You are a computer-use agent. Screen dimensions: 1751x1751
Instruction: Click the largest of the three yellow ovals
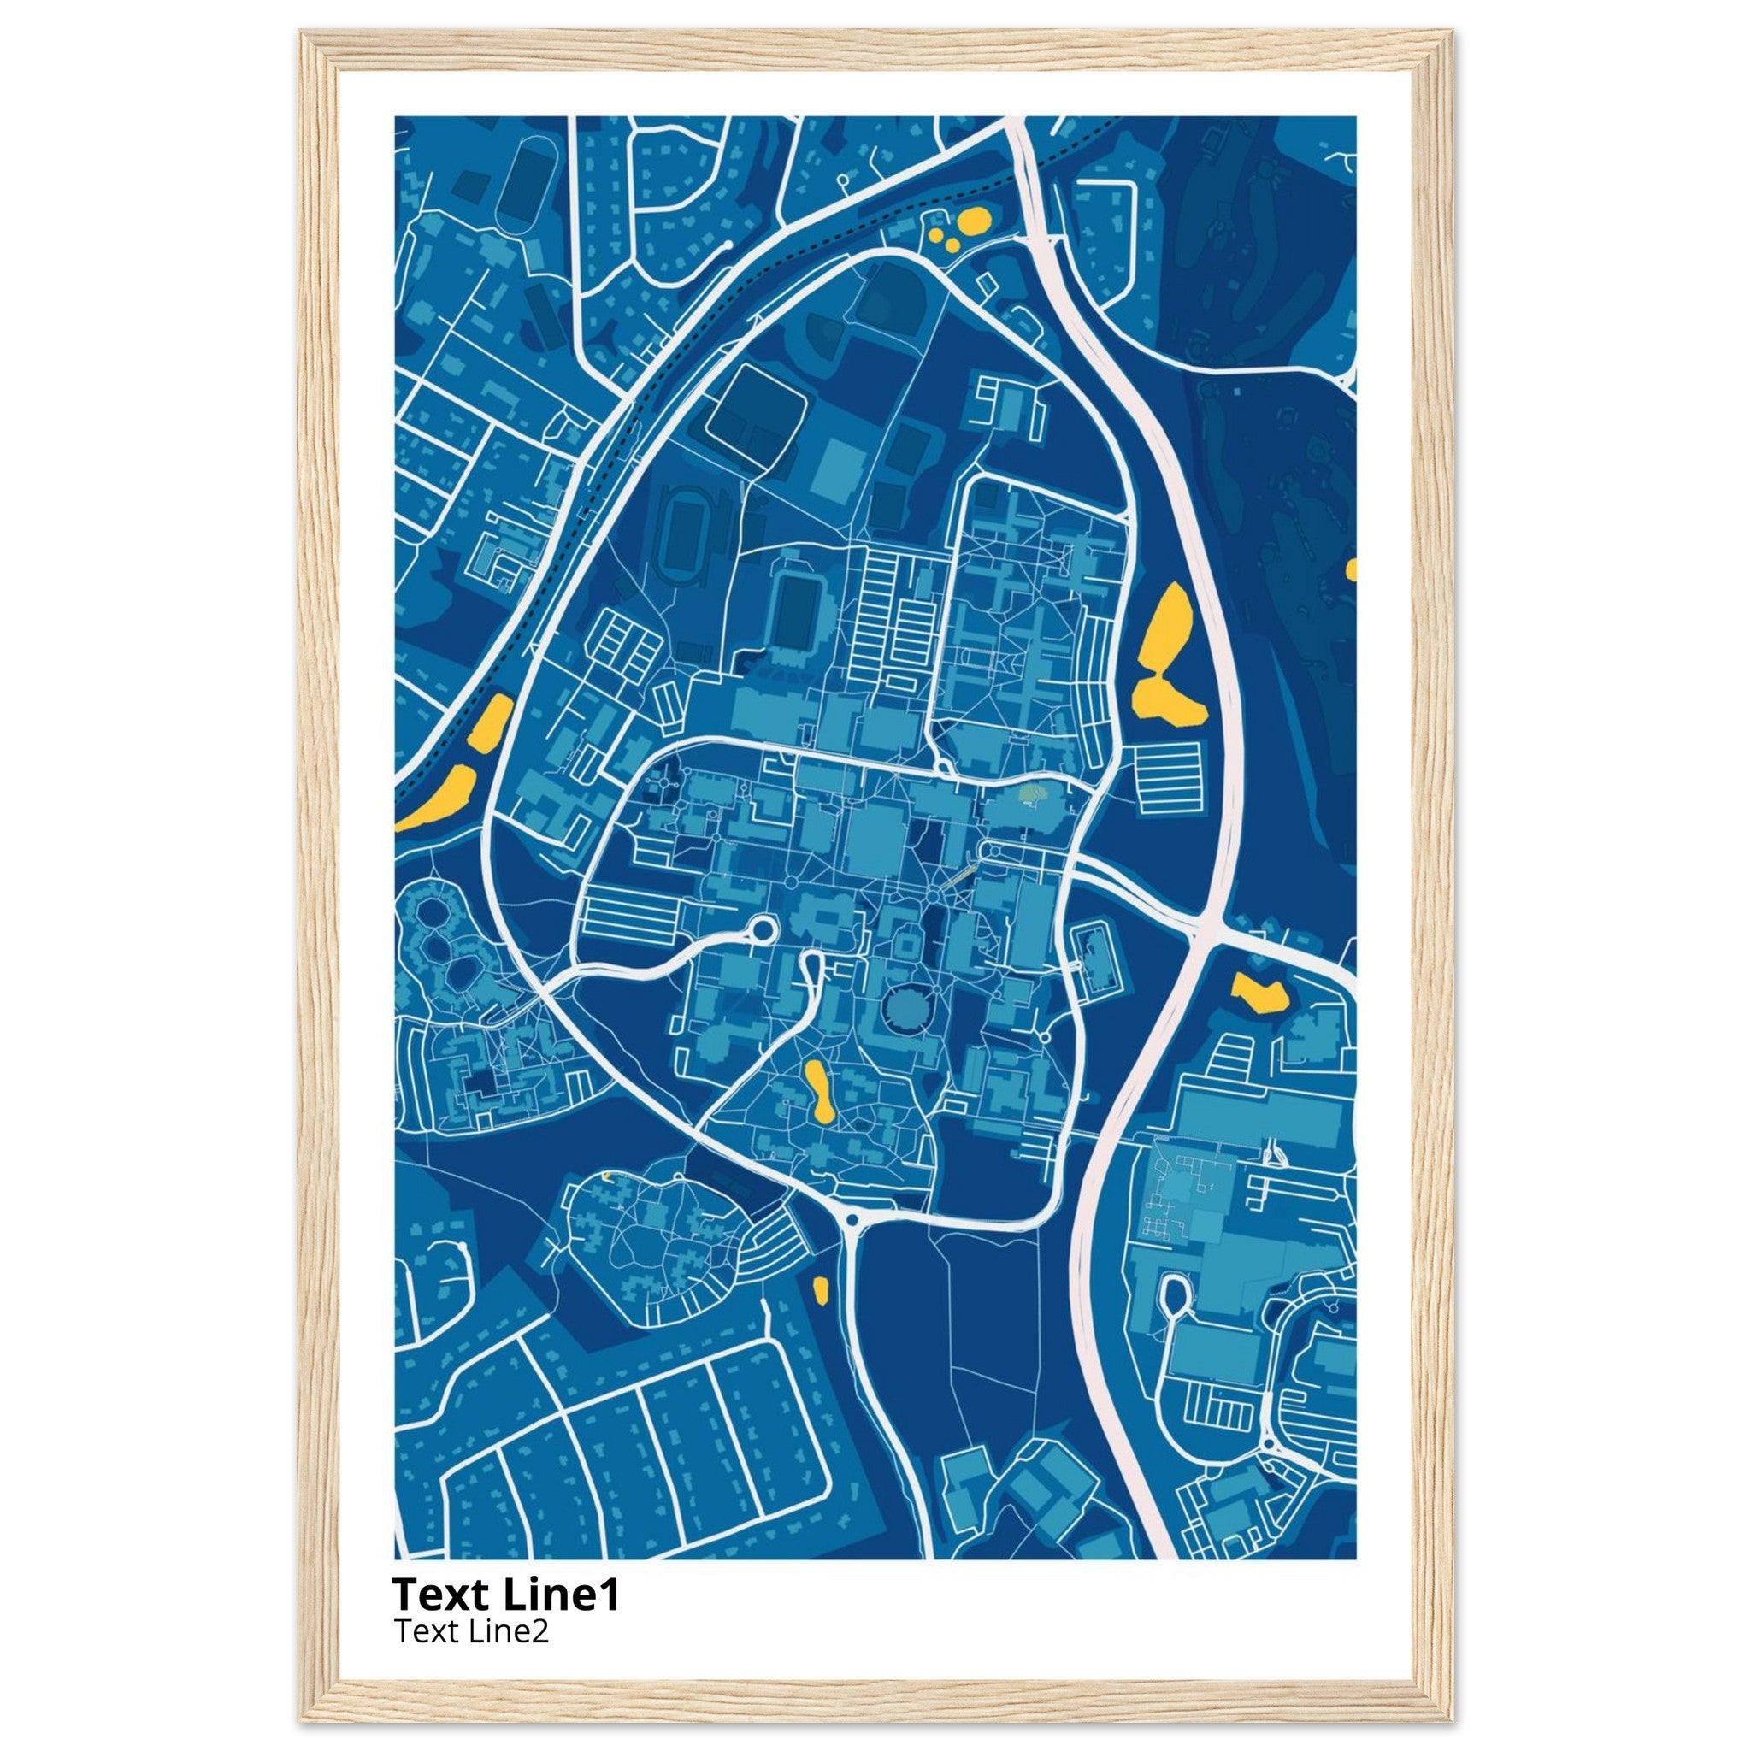(975, 220)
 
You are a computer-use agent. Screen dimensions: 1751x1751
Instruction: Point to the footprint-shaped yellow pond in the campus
(821, 1091)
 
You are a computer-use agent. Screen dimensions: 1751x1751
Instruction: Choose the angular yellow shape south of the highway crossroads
(1259, 993)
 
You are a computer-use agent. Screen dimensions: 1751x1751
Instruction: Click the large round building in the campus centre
(902, 1008)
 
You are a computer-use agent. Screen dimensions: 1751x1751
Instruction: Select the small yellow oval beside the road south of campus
(821, 1288)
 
